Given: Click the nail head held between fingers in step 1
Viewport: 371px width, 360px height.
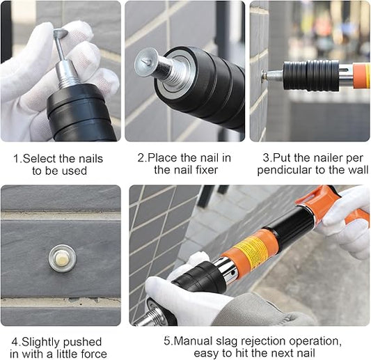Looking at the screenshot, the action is tap(61, 33).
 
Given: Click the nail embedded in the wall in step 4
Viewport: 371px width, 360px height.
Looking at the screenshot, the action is tap(63, 258).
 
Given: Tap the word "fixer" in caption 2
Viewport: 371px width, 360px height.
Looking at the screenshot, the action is tap(207, 170).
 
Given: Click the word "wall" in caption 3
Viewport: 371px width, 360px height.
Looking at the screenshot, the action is tap(359, 170).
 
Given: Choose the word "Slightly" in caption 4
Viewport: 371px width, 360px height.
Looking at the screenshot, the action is tap(41, 343).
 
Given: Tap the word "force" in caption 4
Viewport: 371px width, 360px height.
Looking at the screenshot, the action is tap(94, 354).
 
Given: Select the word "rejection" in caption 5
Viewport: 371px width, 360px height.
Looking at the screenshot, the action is tap(263, 342).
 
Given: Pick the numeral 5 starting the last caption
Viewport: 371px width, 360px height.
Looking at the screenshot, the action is tap(167, 341).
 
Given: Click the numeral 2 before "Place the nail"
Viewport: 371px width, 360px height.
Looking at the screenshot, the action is tap(141, 158).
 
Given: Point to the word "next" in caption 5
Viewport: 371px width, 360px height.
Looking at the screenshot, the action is tap(282, 353).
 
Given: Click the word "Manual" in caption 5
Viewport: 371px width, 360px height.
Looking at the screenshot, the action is tap(193, 341).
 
